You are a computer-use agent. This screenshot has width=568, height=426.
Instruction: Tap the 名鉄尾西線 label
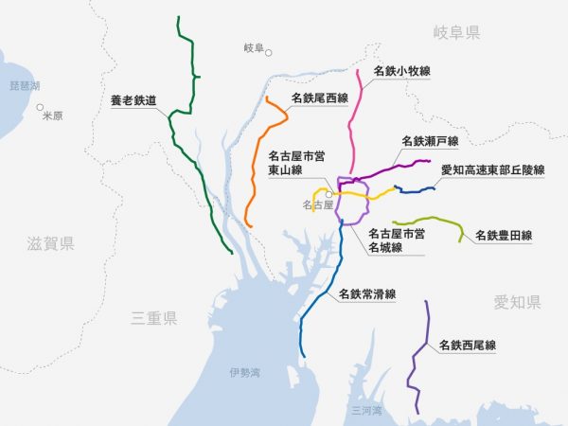click(320, 98)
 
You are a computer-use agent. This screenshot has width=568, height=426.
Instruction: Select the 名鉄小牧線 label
click(402, 70)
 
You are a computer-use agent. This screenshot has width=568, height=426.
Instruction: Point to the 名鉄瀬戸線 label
click(429, 141)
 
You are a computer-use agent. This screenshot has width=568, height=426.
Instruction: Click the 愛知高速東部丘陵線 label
click(493, 170)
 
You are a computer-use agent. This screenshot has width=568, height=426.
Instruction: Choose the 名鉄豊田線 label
click(504, 235)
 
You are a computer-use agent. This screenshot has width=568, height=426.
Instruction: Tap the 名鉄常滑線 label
click(366, 293)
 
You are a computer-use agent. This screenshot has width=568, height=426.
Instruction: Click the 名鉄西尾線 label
click(468, 346)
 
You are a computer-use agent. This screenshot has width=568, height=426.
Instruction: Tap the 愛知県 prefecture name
click(517, 302)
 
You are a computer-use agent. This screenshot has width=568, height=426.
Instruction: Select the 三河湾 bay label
click(365, 411)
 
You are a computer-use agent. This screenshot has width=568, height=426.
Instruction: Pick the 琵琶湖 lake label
click(25, 85)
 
